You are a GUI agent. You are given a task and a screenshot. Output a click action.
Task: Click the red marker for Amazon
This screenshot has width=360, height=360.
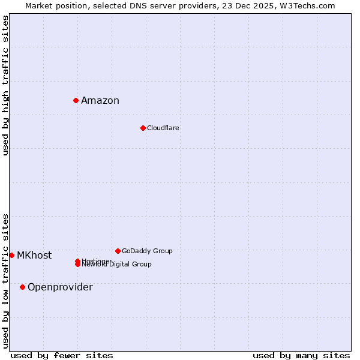pyautogui.click(x=76, y=100)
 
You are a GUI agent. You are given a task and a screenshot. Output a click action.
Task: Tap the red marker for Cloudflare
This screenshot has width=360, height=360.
pyautogui.click(x=143, y=128)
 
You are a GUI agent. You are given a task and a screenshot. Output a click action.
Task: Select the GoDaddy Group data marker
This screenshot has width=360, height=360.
pyautogui.click(x=118, y=251)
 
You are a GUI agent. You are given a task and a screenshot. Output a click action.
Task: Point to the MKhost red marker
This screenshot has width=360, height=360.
pyautogui.click(x=11, y=255)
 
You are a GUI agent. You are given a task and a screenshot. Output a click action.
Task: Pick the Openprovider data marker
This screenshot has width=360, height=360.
pyautogui.click(x=22, y=287)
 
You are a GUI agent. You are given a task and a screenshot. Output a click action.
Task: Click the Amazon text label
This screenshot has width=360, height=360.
pyautogui.click(x=100, y=100)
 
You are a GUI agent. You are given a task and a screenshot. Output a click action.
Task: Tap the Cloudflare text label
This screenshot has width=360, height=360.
pyautogui.click(x=163, y=128)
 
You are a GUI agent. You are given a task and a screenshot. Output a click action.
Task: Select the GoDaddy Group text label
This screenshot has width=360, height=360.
pyautogui.click(x=147, y=251)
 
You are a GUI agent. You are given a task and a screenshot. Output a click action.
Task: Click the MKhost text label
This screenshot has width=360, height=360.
pyautogui.click(x=34, y=255)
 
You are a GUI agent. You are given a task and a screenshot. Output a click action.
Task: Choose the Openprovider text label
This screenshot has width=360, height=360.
pyautogui.click(x=60, y=287)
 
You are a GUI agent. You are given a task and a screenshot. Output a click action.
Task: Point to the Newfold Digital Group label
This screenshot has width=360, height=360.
pyautogui.click(x=117, y=265)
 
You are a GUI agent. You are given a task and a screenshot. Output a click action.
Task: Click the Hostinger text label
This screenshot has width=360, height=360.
pyautogui.click(x=97, y=260)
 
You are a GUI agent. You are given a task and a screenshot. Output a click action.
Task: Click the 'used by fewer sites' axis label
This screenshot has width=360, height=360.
pyautogui.click(x=62, y=355)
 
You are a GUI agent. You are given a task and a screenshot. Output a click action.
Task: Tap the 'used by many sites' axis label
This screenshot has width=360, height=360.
pyautogui.click(x=301, y=355)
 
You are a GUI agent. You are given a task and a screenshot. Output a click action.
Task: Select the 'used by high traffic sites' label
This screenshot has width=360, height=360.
pyautogui.click(x=6, y=85)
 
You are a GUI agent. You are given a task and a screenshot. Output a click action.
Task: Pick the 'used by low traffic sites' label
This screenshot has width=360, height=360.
pyautogui.click(x=6, y=280)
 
